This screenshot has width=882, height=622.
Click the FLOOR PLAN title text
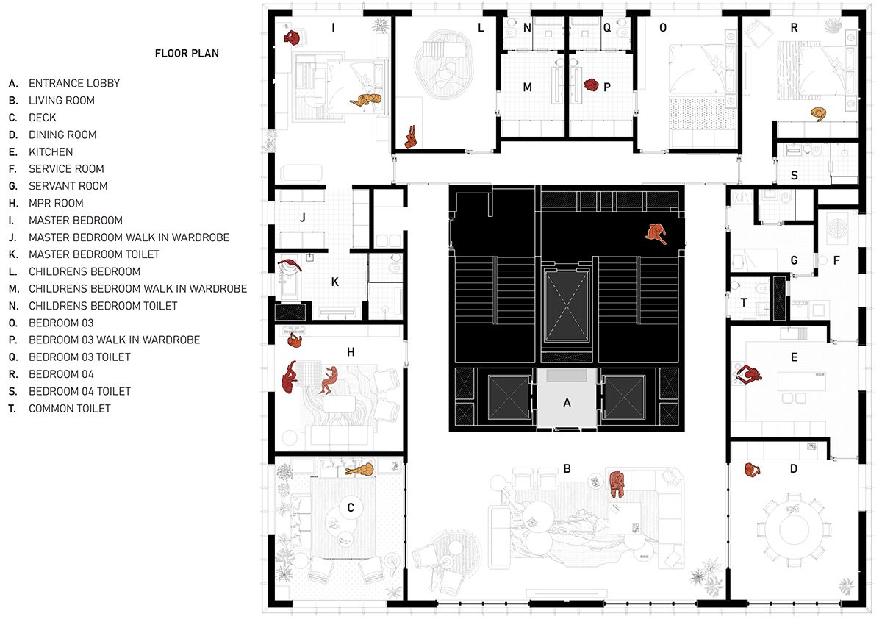click(186, 54)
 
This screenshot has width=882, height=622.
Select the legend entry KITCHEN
click(51, 151)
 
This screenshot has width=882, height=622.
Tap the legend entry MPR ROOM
click(56, 203)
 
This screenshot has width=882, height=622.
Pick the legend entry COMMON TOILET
click(69, 408)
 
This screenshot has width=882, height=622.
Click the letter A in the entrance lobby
click(566, 402)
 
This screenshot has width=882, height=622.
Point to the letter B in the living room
click(567, 468)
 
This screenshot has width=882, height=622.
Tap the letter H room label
click(351, 352)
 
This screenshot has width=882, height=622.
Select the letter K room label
click(334, 281)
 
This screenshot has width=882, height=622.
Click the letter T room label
click(744, 302)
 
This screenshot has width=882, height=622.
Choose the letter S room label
click(795, 175)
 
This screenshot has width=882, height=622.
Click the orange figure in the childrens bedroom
click(412, 137)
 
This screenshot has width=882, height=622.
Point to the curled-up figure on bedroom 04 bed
click(818, 113)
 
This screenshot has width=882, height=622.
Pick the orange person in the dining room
click(751, 470)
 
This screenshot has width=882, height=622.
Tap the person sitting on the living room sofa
click(616, 485)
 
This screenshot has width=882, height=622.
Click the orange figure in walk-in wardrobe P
click(589, 85)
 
